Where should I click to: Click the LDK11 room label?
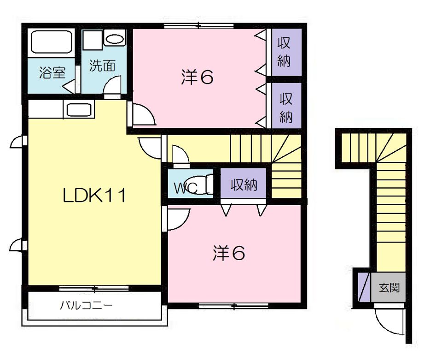tap(94, 196)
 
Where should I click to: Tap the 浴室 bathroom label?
tap(52, 72)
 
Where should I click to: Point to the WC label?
tap(185, 188)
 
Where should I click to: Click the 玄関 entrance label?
tap(389, 287)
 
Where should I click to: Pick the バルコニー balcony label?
tap(86, 305)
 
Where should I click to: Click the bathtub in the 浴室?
tap(51, 42)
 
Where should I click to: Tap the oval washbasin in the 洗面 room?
tap(115, 39)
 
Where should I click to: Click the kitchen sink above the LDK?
tap(79, 109)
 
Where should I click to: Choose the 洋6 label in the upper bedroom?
tap(197, 77)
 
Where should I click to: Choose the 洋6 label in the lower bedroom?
tap(229, 253)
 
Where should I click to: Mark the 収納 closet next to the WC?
tap(243, 184)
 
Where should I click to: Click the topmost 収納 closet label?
tap(284, 52)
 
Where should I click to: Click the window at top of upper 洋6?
tap(199, 26)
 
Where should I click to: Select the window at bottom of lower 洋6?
tap(233, 305)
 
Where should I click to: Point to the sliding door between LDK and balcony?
tap(94, 288)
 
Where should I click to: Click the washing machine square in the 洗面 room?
tap(93, 41)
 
